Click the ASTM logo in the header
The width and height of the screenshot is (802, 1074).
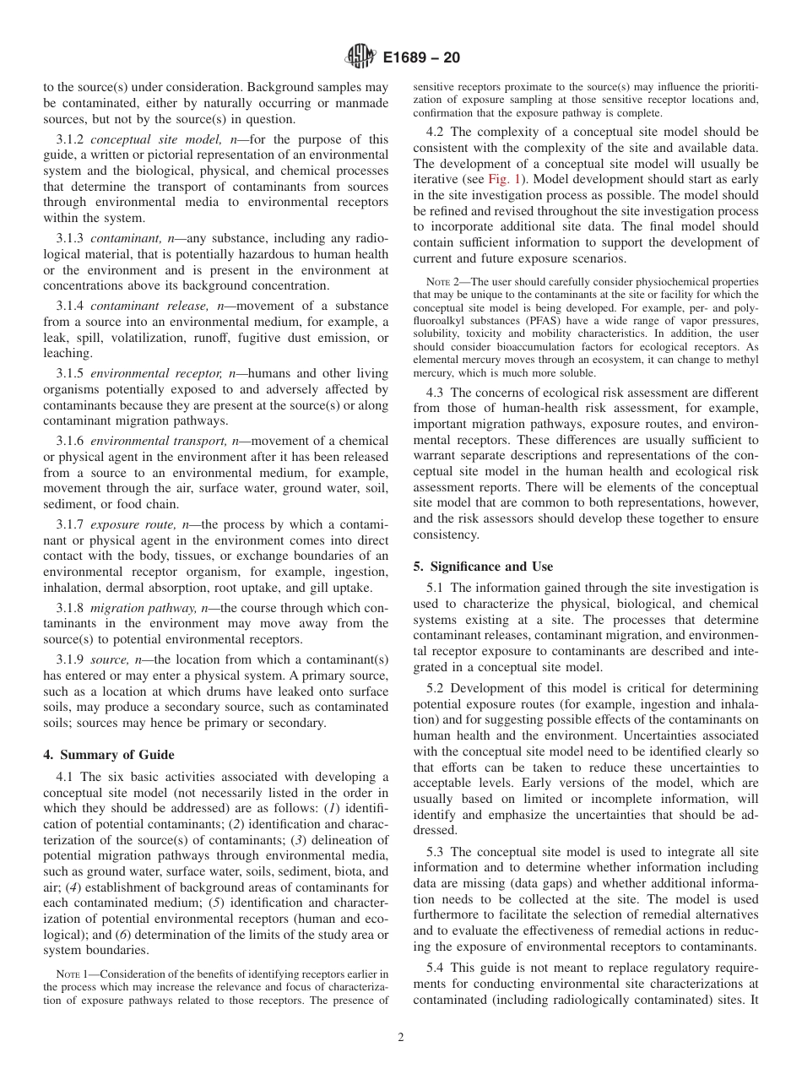(360, 57)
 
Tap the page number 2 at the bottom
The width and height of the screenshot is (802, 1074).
(401, 1038)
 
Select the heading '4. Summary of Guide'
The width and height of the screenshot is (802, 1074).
(109, 754)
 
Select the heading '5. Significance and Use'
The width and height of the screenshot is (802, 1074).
(483, 566)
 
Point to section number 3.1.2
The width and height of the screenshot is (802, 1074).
(72, 138)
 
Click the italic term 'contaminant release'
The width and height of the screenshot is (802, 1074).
(140, 306)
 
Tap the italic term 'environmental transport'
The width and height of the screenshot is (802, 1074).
(151, 441)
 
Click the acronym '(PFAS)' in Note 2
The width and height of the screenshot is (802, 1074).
(550, 322)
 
